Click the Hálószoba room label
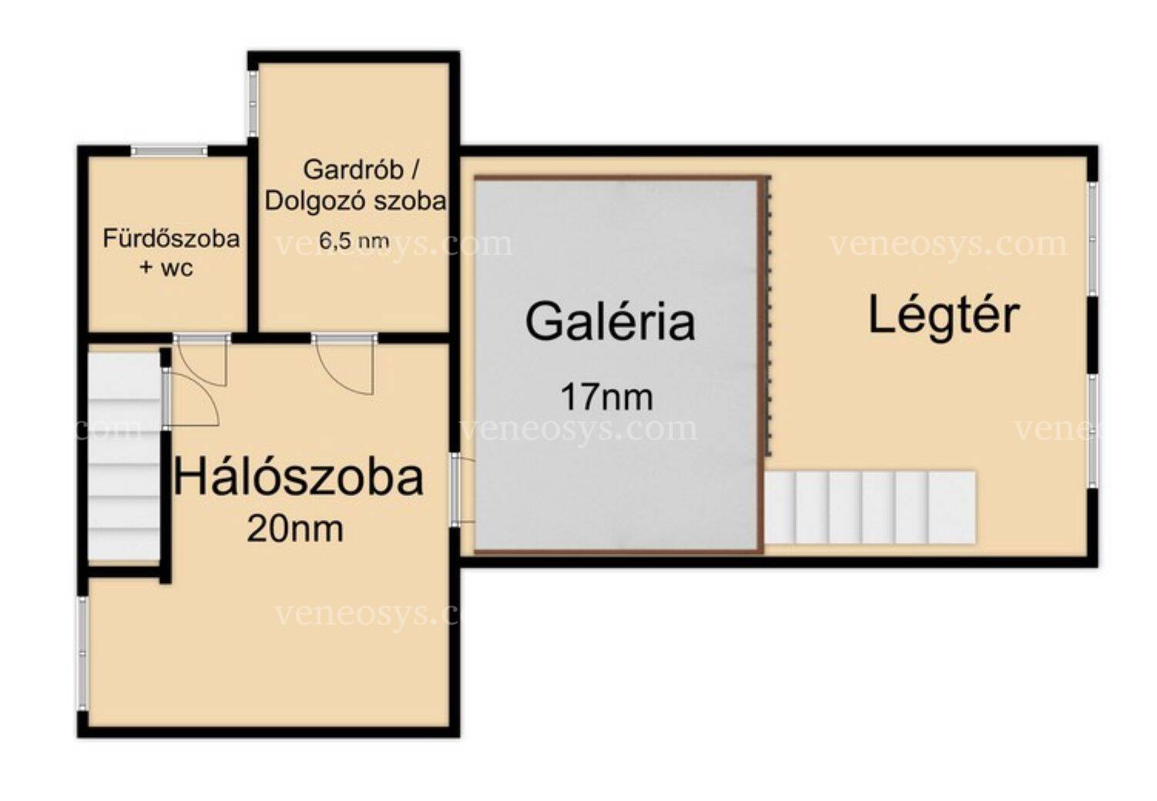pyautogui.click(x=299, y=478)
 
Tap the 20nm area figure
pyautogui.click(x=295, y=529)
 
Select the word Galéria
pyautogui.click(x=610, y=322)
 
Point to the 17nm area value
pyautogui.click(x=606, y=397)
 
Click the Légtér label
pyautogui.click(x=944, y=317)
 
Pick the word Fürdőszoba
pyautogui.click(x=172, y=239)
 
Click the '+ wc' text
pyautogui.click(x=166, y=267)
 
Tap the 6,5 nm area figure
pyautogui.click(x=354, y=240)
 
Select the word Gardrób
pyautogui.click(x=354, y=170)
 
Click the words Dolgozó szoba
pyautogui.click(x=355, y=201)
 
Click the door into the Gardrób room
pyautogui.click(x=344, y=364)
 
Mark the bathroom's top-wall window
pyautogui.click(x=169, y=151)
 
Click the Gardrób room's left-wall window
pyautogui.click(x=253, y=104)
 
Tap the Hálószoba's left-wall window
pyautogui.click(x=82, y=653)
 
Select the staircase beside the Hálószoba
pyautogui.click(x=125, y=456)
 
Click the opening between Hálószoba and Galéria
pyautogui.click(x=455, y=490)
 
